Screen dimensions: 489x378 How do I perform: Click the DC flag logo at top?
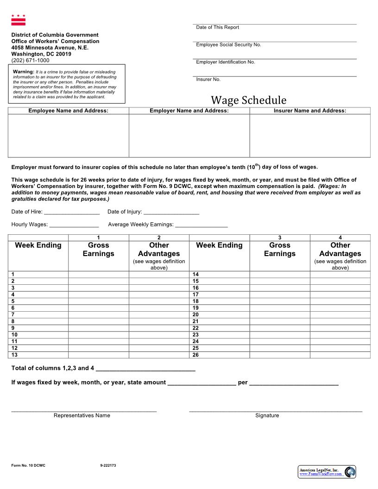[x=19, y=20]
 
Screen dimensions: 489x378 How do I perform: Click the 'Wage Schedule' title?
[x=249, y=100]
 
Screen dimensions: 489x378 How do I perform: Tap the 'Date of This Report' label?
[x=217, y=27]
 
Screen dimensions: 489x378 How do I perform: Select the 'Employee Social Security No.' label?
[x=228, y=44]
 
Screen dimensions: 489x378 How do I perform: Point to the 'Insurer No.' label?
[x=208, y=79]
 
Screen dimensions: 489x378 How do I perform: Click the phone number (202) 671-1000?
[x=30, y=60]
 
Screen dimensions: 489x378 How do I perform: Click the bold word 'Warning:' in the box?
[x=24, y=72]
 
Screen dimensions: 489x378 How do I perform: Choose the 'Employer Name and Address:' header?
[x=189, y=111]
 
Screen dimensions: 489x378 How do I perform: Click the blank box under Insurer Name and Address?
[x=309, y=135]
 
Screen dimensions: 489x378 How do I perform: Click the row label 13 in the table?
[x=14, y=355]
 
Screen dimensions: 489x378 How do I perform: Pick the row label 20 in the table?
[x=195, y=314]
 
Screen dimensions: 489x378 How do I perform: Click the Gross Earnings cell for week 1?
[x=98, y=275]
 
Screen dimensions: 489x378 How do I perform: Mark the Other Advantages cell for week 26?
[x=340, y=355]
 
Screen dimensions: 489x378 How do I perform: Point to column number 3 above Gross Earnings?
[x=280, y=238]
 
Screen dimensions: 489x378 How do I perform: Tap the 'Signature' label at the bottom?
[x=267, y=415]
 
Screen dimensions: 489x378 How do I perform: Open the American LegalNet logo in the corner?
[x=327, y=471]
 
